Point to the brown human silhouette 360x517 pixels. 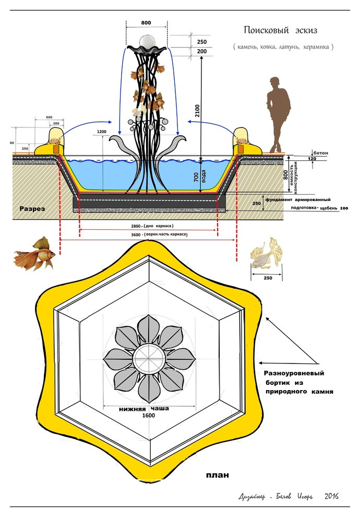(278, 112)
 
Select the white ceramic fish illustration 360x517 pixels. (267, 254)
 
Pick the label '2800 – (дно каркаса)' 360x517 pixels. (149, 225)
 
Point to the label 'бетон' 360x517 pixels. (321, 152)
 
